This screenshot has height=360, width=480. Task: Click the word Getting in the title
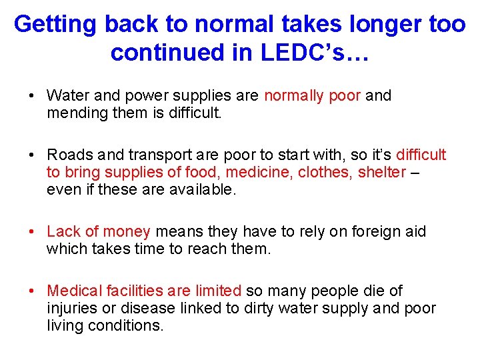pos(55,25)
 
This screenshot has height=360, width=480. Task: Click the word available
pos(203,189)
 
